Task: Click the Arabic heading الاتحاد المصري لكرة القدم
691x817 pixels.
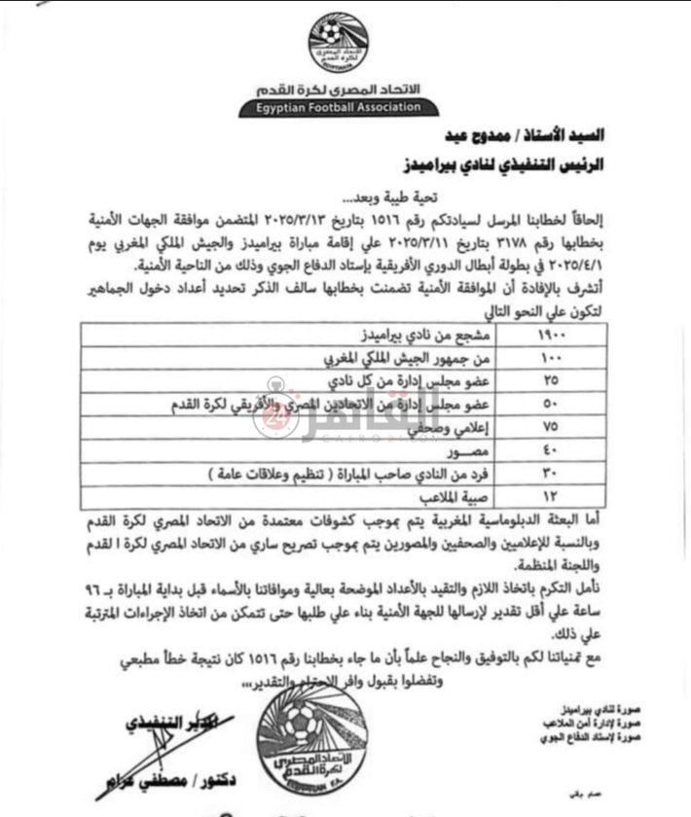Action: point(341,90)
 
